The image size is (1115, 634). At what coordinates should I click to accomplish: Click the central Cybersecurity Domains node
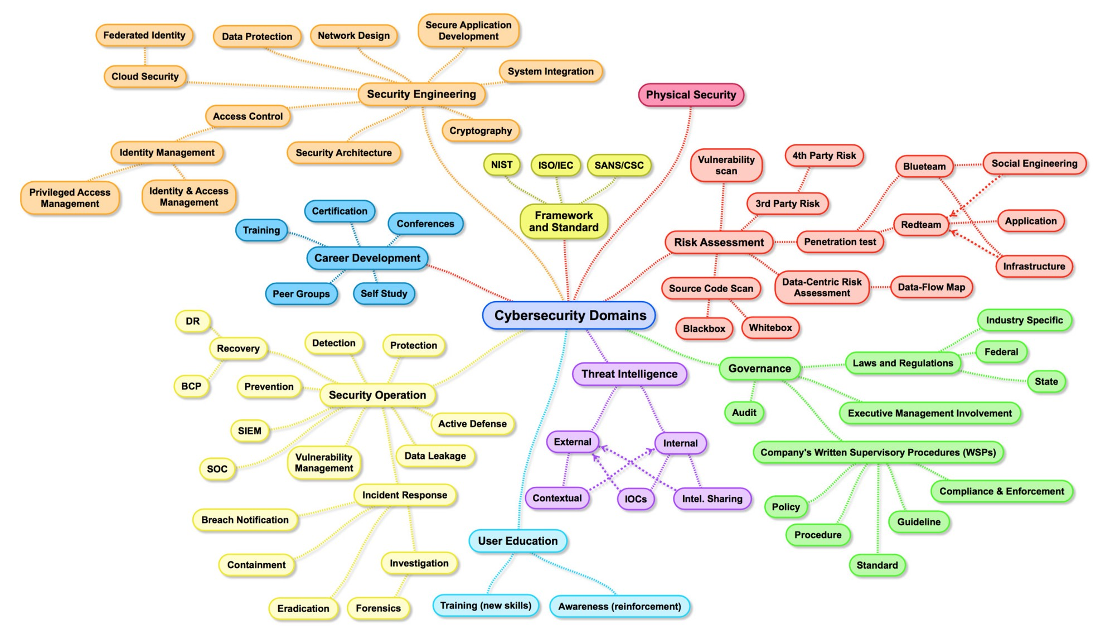(x=569, y=316)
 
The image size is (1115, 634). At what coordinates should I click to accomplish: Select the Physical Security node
(x=691, y=95)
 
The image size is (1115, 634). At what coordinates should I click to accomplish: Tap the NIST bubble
(x=501, y=165)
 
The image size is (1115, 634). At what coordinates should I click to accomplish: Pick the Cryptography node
(x=481, y=131)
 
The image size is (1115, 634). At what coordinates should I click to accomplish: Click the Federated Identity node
(x=144, y=36)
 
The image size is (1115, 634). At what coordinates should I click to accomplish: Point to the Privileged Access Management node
(x=70, y=198)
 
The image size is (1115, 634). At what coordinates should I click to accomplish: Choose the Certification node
(x=340, y=211)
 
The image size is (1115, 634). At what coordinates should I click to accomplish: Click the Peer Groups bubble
(x=301, y=294)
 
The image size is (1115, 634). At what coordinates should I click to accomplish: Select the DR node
(x=192, y=321)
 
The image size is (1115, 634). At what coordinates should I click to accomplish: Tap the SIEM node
(x=249, y=431)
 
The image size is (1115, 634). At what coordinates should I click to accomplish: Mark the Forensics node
(x=378, y=608)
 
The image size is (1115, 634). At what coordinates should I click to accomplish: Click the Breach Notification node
(x=245, y=520)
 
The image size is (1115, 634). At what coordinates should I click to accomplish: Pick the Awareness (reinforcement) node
(x=619, y=607)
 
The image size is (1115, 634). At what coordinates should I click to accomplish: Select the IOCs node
(x=636, y=499)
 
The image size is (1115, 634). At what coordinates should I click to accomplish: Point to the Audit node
(x=744, y=413)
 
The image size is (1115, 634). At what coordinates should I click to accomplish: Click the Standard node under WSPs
(x=877, y=565)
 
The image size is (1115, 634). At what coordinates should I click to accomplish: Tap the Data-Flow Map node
(x=931, y=288)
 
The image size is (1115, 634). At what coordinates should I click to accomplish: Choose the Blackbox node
(x=704, y=329)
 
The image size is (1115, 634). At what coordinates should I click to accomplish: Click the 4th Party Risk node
(x=824, y=156)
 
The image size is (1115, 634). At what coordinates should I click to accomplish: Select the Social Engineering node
(x=1034, y=164)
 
